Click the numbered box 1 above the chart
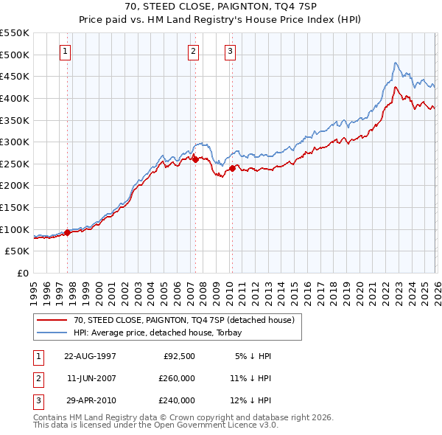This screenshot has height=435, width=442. coord(66,52)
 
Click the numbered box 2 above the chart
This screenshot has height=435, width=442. coord(193,52)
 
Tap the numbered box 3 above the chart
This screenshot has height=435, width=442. coord(230,52)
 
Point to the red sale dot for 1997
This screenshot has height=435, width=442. coord(68,232)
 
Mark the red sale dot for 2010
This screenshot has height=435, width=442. coord(232,168)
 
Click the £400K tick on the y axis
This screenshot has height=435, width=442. coord(15,98)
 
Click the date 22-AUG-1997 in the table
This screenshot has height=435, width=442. coord(90,355)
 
